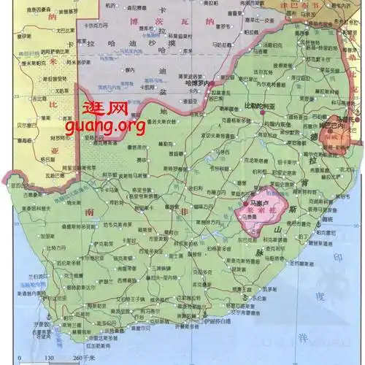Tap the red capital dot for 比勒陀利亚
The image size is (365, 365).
[263, 112]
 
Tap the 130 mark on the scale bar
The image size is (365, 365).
[49, 358]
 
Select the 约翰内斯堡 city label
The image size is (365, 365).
[271, 123]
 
